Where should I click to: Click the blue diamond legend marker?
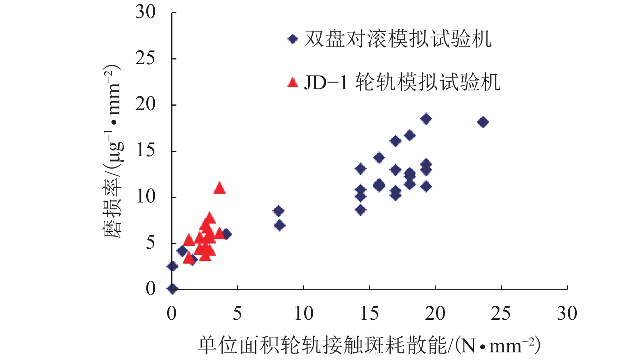293,39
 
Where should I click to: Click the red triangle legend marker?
293,83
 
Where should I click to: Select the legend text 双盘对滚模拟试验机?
398,39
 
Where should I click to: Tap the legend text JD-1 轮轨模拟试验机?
402,82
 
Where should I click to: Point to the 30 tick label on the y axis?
145,12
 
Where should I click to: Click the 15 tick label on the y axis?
145,151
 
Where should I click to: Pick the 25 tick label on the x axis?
501,313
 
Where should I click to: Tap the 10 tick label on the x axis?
303,313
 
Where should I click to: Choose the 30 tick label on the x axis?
567,313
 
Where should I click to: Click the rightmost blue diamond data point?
483,122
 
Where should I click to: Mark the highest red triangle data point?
219,188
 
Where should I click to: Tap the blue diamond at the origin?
172,288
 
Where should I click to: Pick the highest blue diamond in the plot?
426,119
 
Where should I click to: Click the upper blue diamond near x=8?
278,211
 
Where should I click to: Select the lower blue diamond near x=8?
280,225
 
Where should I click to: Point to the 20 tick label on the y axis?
145,104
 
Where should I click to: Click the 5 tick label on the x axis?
238,313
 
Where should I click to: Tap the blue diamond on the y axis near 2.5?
172,266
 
